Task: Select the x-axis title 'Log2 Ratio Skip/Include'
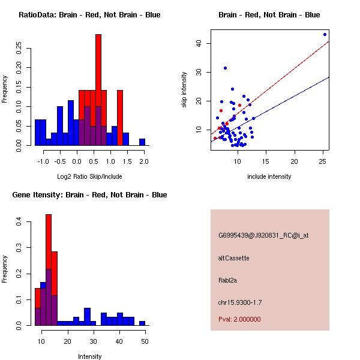89,176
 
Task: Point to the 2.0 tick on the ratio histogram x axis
144,161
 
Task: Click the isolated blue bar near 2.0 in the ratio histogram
142,142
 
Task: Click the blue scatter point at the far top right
325,34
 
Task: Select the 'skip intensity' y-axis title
184,90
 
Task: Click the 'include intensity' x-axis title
269,176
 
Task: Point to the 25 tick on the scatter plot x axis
323,161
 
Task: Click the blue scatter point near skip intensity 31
225,68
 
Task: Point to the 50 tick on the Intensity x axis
144,341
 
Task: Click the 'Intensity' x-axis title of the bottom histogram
89,356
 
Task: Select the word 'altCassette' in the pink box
234,258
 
